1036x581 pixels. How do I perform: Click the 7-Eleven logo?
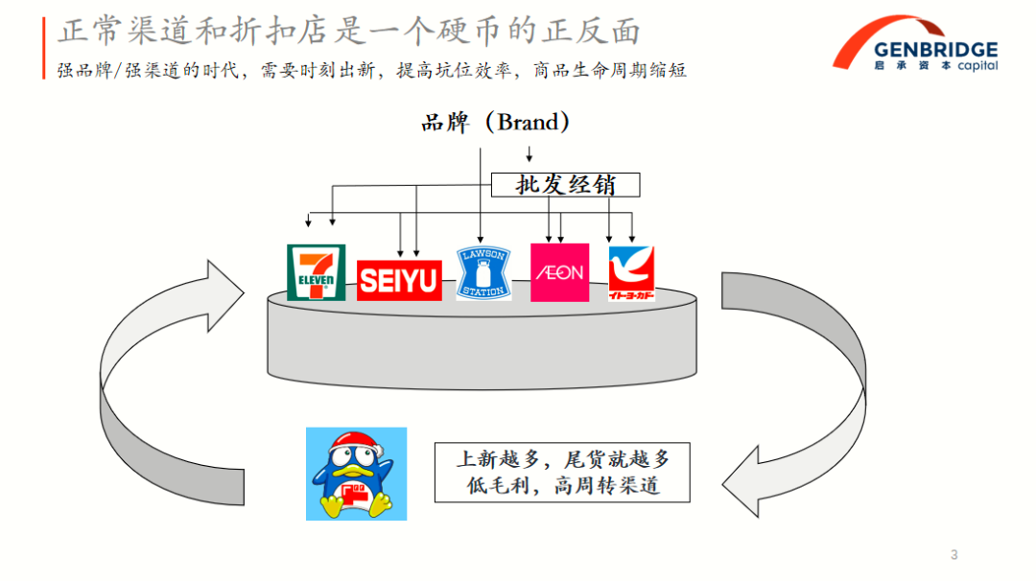click(316, 272)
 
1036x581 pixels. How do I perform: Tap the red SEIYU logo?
click(399, 281)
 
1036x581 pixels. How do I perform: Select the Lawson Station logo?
click(483, 272)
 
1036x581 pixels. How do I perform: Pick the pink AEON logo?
click(559, 272)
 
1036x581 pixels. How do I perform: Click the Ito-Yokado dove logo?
click(631, 273)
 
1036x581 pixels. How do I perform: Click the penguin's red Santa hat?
click(350, 445)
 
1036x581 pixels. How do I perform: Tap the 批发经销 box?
click(565, 184)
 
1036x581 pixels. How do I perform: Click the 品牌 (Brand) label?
click(495, 123)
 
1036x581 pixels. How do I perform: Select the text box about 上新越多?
click(563, 472)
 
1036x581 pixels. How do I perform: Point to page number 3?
click(954, 554)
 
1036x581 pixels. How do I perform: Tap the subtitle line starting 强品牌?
click(372, 71)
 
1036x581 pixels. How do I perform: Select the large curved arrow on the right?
click(815, 383)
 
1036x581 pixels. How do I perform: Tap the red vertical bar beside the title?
click(44, 48)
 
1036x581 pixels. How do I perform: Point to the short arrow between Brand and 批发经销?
click(528, 154)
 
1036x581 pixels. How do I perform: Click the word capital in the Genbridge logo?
click(977, 66)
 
